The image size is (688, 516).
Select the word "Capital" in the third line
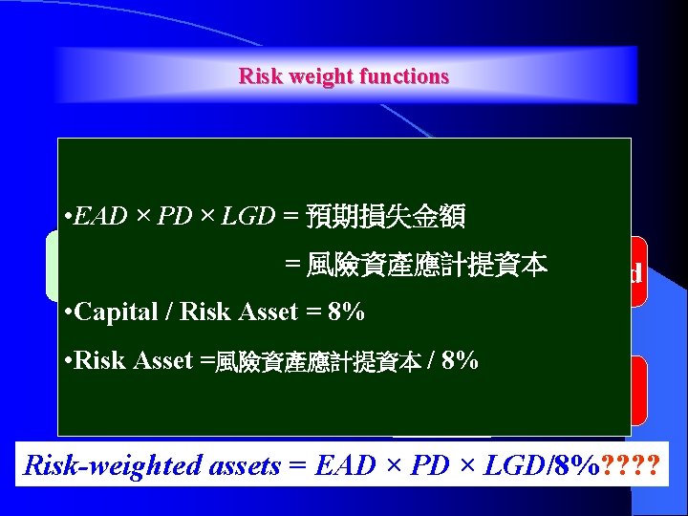110,312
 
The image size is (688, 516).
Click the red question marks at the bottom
634,465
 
